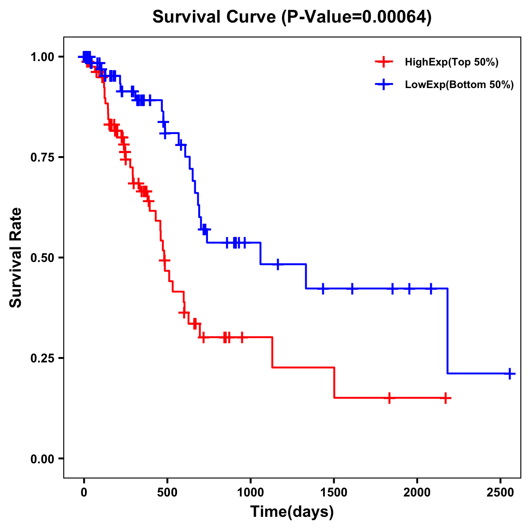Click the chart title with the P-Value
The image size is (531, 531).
click(292, 17)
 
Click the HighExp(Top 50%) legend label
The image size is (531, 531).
click(452, 62)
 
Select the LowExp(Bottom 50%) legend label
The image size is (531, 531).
click(459, 85)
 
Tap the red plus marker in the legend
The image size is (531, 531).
click(384, 62)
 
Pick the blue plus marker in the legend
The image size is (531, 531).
click(384, 85)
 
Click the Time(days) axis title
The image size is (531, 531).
click(292, 512)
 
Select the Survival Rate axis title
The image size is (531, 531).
click(16, 258)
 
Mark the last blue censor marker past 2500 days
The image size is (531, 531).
click(510, 373)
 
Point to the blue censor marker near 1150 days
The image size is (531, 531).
click(277, 264)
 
